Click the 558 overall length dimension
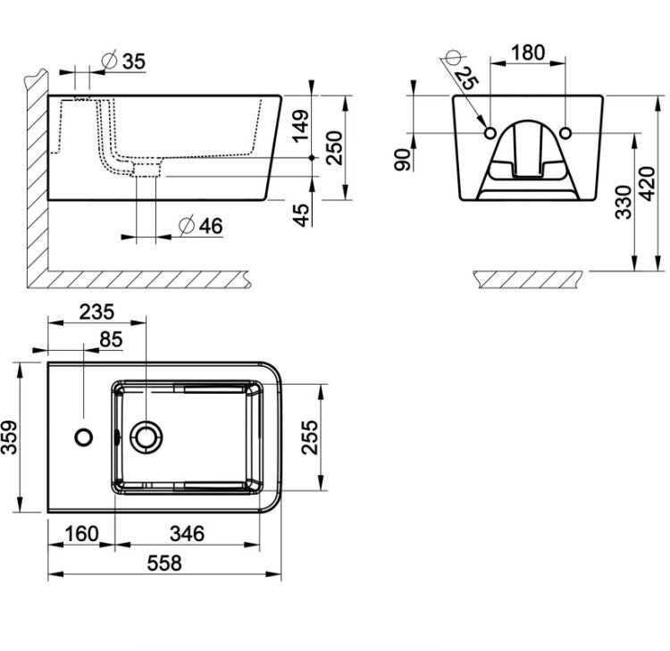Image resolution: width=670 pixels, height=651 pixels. tap(164, 563)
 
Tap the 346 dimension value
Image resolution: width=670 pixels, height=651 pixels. tap(188, 533)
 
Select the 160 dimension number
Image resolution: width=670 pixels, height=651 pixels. tap(81, 533)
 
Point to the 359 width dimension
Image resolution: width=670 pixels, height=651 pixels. tap(9, 438)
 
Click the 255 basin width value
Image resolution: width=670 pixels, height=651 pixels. tap(310, 438)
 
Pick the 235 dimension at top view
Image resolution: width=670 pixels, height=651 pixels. tap(96, 312)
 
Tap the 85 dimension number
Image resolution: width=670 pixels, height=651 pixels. tap(111, 340)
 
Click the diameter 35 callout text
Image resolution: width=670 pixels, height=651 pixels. tap(124, 61)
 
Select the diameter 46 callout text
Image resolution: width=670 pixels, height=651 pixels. tap(200, 226)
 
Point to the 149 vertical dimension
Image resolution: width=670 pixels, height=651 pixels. tap(300, 126)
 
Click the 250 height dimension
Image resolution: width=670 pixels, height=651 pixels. tap(334, 148)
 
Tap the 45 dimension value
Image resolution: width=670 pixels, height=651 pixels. tap(301, 215)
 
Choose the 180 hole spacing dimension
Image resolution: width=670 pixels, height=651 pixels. tap(528, 52)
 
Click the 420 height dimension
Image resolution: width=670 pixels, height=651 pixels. tap(648, 184)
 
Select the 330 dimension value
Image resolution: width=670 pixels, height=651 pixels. tap(624, 202)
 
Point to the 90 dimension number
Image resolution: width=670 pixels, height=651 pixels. tap(403, 160)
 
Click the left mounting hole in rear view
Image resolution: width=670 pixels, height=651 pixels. tap(490, 133)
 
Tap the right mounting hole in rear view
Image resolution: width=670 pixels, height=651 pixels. tap(565, 133)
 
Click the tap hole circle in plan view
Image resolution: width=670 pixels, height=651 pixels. tap(84, 438)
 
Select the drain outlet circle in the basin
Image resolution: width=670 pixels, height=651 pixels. tap(147, 438)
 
